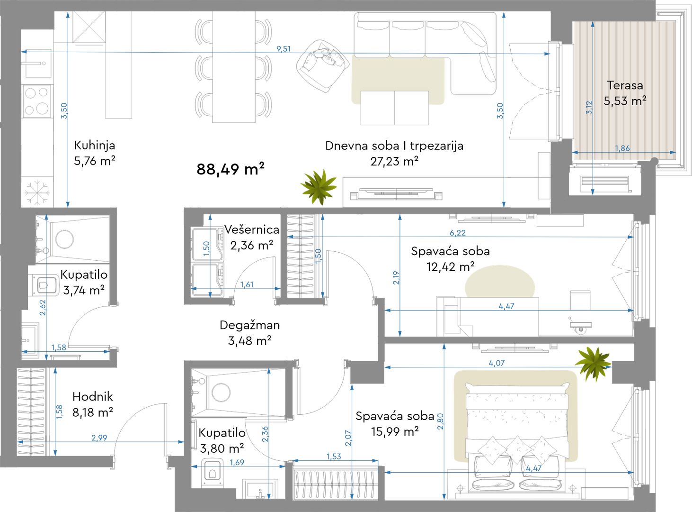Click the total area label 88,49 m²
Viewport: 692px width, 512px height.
(x=230, y=169)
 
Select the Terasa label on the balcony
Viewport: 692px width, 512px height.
(x=625, y=85)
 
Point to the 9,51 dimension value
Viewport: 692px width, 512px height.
(x=284, y=49)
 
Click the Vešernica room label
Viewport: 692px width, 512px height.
(x=251, y=230)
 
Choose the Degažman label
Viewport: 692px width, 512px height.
(x=249, y=325)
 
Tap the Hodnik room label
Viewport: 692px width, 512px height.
(x=92, y=397)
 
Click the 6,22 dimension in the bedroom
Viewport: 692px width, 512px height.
(x=457, y=233)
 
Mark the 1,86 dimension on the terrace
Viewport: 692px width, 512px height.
(x=622, y=148)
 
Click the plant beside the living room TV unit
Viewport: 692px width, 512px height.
(x=319, y=187)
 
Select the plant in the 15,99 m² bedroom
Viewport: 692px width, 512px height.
(x=593, y=364)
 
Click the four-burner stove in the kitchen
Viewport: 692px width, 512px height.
(x=37, y=101)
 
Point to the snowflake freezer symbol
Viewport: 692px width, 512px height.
(x=37, y=192)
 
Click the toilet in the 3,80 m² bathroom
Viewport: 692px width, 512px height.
(x=213, y=472)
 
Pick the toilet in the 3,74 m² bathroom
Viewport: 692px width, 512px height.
(x=44, y=285)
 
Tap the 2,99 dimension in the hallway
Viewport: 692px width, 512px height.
(x=99, y=438)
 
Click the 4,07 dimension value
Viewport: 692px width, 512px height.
(x=497, y=363)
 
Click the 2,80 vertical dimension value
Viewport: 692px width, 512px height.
(x=440, y=421)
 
